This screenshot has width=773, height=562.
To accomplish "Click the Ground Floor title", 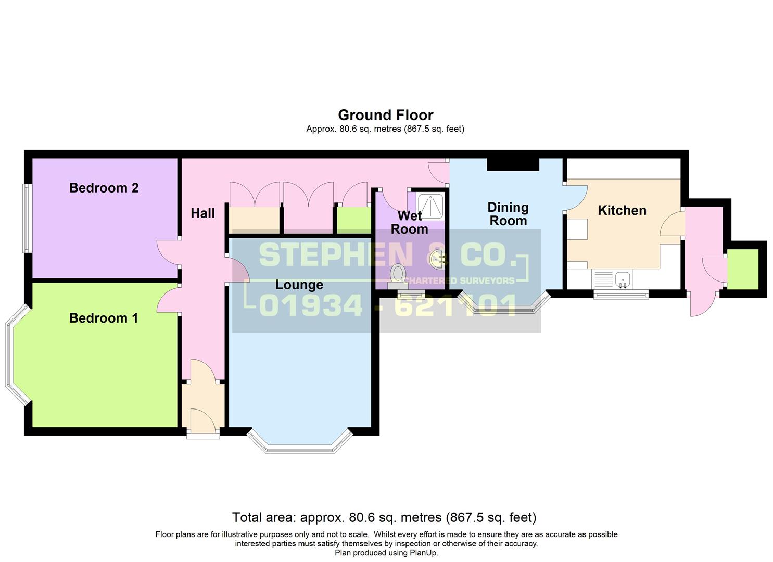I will (x=385, y=115).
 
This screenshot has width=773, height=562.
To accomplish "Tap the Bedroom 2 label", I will (x=104, y=188).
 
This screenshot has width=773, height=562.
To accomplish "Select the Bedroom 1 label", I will (x=104, y=318).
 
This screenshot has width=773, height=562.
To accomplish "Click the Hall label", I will (x=202, y=213).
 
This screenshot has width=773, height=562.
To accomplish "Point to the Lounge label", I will (x=299, y=285).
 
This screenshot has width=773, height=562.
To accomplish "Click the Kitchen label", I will (x=622, y=210).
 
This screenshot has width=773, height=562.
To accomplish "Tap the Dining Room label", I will (x=508, y=214).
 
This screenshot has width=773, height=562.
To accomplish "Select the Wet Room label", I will (x=409, y=222).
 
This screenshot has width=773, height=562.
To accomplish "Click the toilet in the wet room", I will (x=398, y=274).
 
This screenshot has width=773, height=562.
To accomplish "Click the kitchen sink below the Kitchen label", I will (x=623, y=279).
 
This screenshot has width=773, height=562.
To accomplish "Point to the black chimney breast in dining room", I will (x=513, y=164).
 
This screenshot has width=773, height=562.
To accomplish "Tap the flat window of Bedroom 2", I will (x=27, y=218).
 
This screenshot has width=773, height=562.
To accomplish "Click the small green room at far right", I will (x=742, y=269).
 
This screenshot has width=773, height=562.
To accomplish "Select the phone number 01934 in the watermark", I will (x=310, y=305).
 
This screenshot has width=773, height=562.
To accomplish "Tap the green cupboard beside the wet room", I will (x=353, y=220).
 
